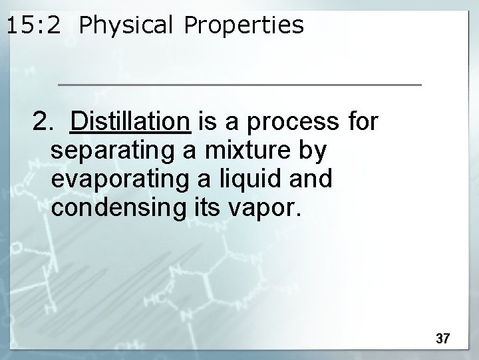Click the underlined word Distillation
[x=131, y=122]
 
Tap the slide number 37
[x=443, y=339]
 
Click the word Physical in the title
[x=126, y=25]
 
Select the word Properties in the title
[x=243, y=25]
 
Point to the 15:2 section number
[x=35, y=25]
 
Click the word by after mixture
[x=311, y=152]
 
